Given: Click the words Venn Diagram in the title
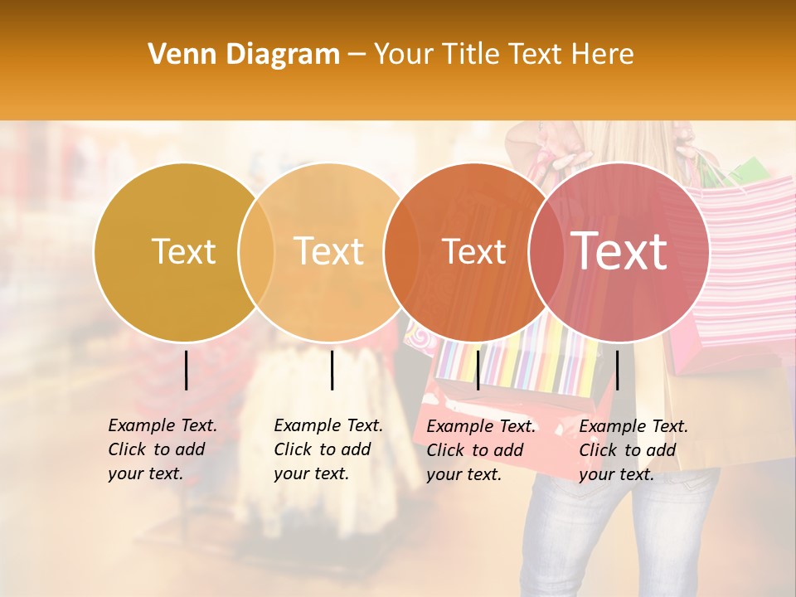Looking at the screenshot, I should tap(244, 55).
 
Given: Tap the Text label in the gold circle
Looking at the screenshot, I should tap(183, 251).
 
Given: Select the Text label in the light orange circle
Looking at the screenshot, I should tap(329, 251).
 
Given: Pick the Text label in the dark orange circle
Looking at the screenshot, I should tap(473, 252).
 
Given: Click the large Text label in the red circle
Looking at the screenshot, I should tap(619, 250).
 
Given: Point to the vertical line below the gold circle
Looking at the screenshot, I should tap(187, 370).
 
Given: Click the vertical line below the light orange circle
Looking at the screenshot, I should tap(332, 370).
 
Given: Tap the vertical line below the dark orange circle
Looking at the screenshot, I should tap(478, 370).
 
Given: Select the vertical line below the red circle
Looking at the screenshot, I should tap(618, 370).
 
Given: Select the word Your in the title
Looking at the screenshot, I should tap(404, 55).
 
